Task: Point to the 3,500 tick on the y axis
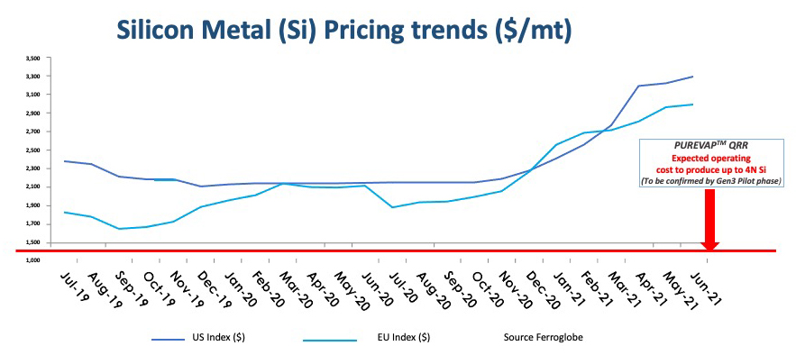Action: [33, 58]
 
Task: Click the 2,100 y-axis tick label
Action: [33, 187]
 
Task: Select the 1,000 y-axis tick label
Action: [33, 260]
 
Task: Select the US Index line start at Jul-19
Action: [65, 161]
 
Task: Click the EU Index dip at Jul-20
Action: [392, 207]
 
